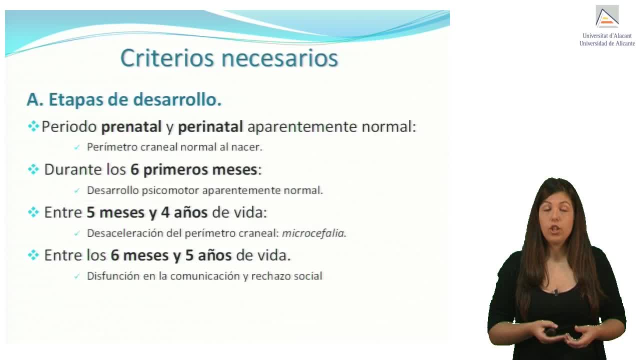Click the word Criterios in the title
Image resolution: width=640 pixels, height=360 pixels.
[167, 58]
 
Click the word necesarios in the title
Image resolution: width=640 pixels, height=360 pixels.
[279, 58]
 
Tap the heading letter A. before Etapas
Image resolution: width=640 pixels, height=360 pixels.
[35, 99]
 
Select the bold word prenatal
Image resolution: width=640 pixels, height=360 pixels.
[131, 126]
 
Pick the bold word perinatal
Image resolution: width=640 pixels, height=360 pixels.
[210, 126]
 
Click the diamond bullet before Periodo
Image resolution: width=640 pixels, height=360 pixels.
[33, 126]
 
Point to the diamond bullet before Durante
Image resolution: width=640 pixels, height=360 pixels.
[33, 169]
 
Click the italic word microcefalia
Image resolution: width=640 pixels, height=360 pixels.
[313, 233]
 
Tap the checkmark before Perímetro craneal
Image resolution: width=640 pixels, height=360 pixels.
[76, 147]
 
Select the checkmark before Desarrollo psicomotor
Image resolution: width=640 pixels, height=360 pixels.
[76, 191]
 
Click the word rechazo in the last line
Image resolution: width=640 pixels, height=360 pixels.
[271, 276]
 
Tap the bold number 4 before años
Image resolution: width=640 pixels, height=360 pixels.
[165, 212]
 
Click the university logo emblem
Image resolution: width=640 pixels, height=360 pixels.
[607, 16]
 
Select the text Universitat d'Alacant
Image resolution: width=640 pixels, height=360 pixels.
[607, 36]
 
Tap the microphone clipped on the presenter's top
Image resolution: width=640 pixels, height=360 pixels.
[556, 292]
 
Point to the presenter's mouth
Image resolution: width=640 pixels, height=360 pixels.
[555, 229]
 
